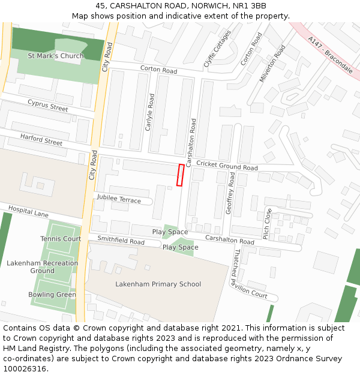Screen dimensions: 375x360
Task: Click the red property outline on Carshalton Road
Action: (x=180, y=175)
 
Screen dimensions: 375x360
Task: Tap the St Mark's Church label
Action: (x=56, y=56)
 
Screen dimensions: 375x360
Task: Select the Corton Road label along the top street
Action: (x=158, y=70)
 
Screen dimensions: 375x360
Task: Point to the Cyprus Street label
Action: (x=48, y=106)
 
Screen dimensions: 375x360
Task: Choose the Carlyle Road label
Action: (x=150, y=112)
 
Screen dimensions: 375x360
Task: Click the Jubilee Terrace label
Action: (x=118, y=199)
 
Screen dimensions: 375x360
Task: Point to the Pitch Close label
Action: (x=268, y=224)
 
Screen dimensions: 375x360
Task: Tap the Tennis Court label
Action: (x=61, y=239)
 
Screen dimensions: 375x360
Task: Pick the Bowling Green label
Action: (x=52, y=295)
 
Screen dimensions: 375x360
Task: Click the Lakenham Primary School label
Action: (x=158, y=284)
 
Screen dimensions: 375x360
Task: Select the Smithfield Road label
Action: (x=121, y=242)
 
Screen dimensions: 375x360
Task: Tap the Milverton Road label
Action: (x=273, y=65)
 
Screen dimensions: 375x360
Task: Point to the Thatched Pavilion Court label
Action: (x=251, y=274)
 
